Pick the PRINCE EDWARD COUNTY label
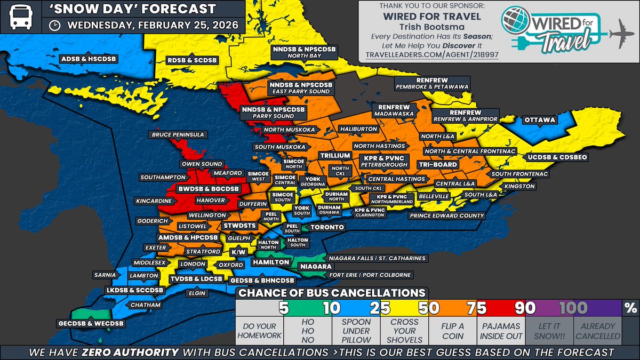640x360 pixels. click(x=447, y=216)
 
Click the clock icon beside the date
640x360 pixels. click(x=54, y=25)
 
